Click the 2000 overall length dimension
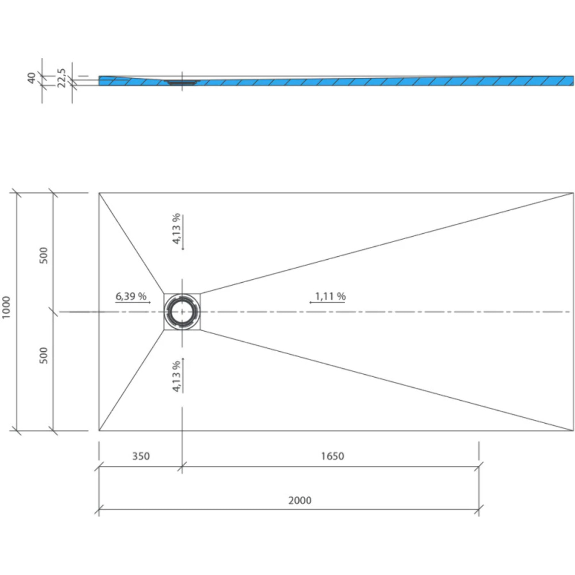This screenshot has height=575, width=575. click(300, 500)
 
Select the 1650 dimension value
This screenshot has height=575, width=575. click(332, 456)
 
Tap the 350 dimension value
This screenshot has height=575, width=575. click(141, 456)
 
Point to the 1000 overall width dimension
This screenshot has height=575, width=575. click(6, 307)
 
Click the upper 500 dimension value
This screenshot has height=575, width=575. click(44, 255)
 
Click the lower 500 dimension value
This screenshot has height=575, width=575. click(44, 355)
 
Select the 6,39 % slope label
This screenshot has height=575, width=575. click(131, 296)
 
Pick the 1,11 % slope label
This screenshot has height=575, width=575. click(330, 296)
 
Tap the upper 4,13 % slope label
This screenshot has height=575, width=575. click(176, 229)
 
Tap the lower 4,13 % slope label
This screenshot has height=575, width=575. click(176, 376)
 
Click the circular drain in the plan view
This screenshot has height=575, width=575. click(182, 312)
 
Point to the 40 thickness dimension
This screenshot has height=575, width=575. click(32, 78)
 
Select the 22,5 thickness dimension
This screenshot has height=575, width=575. click(62, 78)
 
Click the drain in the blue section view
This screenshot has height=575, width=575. click(182, 82)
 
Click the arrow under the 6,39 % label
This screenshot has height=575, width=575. click(133, 303)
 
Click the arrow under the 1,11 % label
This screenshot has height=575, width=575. click(328, 303)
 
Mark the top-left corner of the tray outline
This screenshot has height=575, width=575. click(99, 193)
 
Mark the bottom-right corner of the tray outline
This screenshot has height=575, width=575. click(573, 431)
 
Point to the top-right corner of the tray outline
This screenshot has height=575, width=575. click(573, 193)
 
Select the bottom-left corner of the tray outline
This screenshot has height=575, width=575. click(99, 431)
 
